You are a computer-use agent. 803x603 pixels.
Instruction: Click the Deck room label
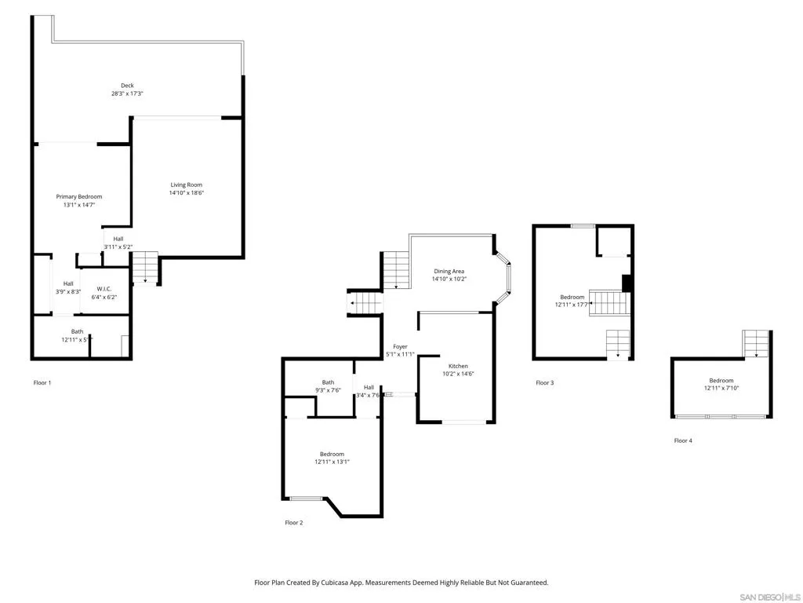coord(127,86)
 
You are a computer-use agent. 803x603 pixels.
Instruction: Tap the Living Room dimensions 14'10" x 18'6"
coord(186,193)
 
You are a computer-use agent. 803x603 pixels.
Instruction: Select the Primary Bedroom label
coord(78,196)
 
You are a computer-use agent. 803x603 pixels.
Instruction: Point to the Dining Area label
coord(449,271)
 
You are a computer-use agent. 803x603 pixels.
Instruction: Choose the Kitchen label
coord(458,366)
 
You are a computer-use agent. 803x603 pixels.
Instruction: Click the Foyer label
coord(400,346)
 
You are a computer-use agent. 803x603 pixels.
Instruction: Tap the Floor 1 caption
coord(42,382)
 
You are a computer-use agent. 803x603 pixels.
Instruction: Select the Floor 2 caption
coord(293,522)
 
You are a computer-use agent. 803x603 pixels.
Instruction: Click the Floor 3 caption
coord(544,382)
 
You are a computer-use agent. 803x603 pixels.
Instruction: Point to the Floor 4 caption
coord(683,440)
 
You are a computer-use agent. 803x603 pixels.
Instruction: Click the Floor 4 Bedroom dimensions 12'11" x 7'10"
coord(721,389)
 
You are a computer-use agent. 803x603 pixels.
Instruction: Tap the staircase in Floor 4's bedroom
coord(755,343)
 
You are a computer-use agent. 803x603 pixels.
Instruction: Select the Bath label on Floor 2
coord(328,382)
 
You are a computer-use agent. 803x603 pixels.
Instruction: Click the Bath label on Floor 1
coord(77,331)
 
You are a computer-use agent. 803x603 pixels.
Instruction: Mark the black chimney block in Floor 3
coord(627,283)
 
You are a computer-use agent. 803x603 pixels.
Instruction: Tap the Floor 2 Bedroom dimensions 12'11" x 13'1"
coord(332,462)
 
